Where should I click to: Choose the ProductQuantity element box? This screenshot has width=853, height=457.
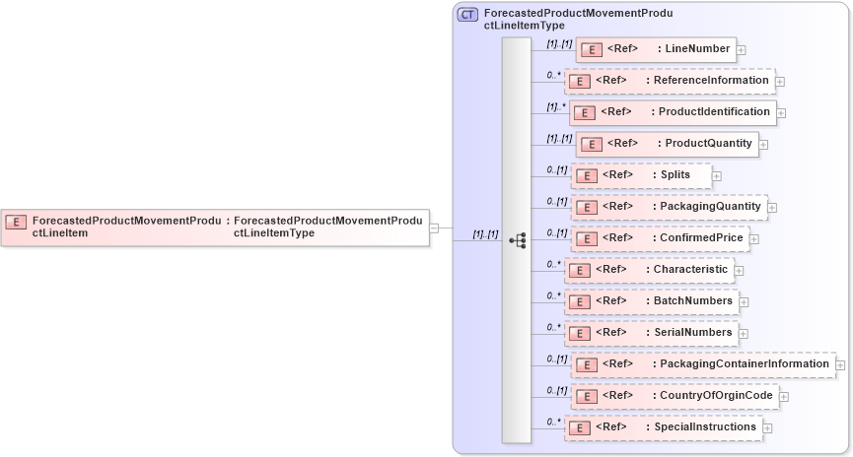pyautogui.click(x=667, y=144)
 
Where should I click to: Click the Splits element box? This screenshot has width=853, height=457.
pyautogui.click(x=641, y=175)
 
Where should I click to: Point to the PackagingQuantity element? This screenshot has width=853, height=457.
pyautogui.click(x=669, y=207)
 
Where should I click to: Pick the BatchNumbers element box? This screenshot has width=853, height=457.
pyautogui.click(x=652, y=301)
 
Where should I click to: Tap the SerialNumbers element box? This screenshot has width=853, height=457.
pyautogui.click(x=652, y=333)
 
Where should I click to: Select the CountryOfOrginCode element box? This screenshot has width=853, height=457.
pyautogui.click(x=675, y=396)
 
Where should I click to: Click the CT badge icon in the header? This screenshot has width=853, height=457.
pyautogui.click(x=467, y=15)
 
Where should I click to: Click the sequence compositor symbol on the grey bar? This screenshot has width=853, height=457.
pyautogui.click(x=517, y=240)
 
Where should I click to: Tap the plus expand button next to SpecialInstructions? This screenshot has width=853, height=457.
pyautogui.click(x=767, y=428)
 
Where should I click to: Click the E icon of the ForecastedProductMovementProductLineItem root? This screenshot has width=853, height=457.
pyautogui.click(x=16, y=222)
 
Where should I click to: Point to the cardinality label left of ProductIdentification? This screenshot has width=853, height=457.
pyautogui.click(x=557, y=106)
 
